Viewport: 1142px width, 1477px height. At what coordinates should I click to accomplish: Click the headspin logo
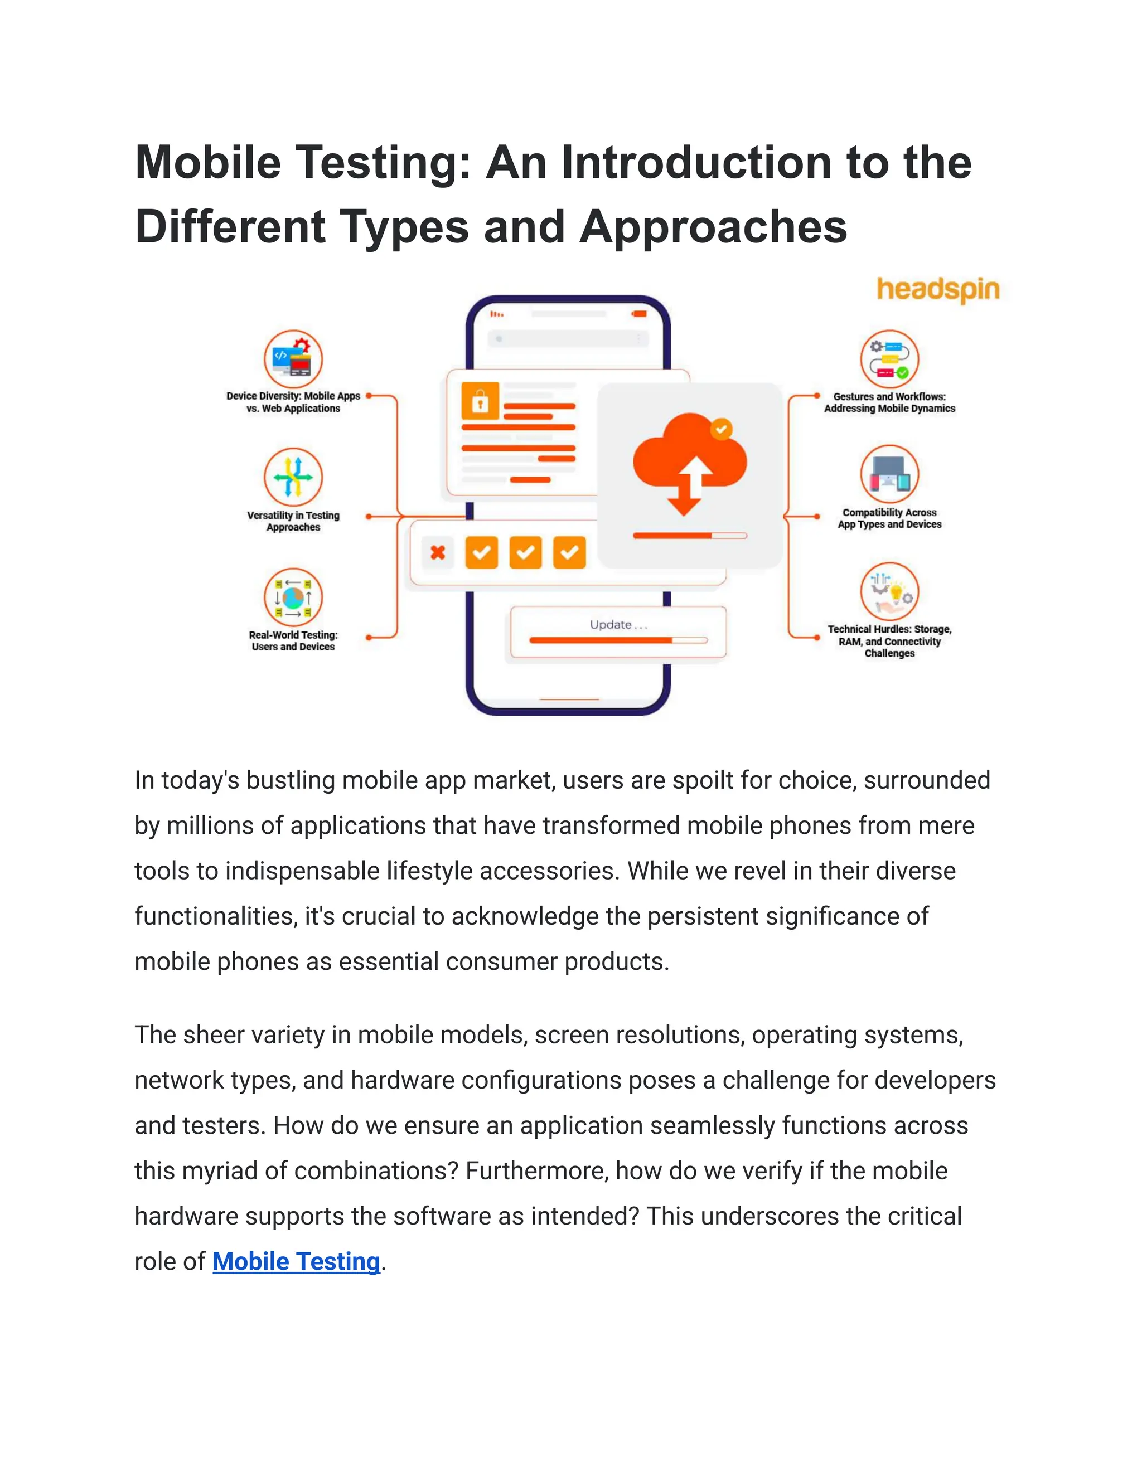coord(938,289)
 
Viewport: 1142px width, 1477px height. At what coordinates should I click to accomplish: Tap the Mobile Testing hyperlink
coord(296,1261)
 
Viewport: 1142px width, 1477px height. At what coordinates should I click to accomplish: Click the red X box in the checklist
coord(438,552)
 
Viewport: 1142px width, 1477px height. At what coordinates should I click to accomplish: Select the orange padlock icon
coord(480,401)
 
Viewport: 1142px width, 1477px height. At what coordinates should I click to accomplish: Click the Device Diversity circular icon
coord(293,359)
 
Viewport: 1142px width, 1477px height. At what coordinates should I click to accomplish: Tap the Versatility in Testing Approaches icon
coord(293,477)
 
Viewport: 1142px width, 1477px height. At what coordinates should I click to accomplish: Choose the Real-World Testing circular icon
coord(293,597)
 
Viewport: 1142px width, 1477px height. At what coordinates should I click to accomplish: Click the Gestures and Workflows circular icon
coord(889,359)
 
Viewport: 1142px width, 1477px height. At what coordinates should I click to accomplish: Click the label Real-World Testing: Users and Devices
coord(293,640)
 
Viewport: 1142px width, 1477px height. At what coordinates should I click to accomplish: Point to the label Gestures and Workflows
coord(889,402)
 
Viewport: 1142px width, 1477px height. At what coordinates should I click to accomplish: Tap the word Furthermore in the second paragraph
coord(536,1170)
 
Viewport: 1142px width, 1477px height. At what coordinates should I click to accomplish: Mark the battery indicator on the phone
coord(638,314)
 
